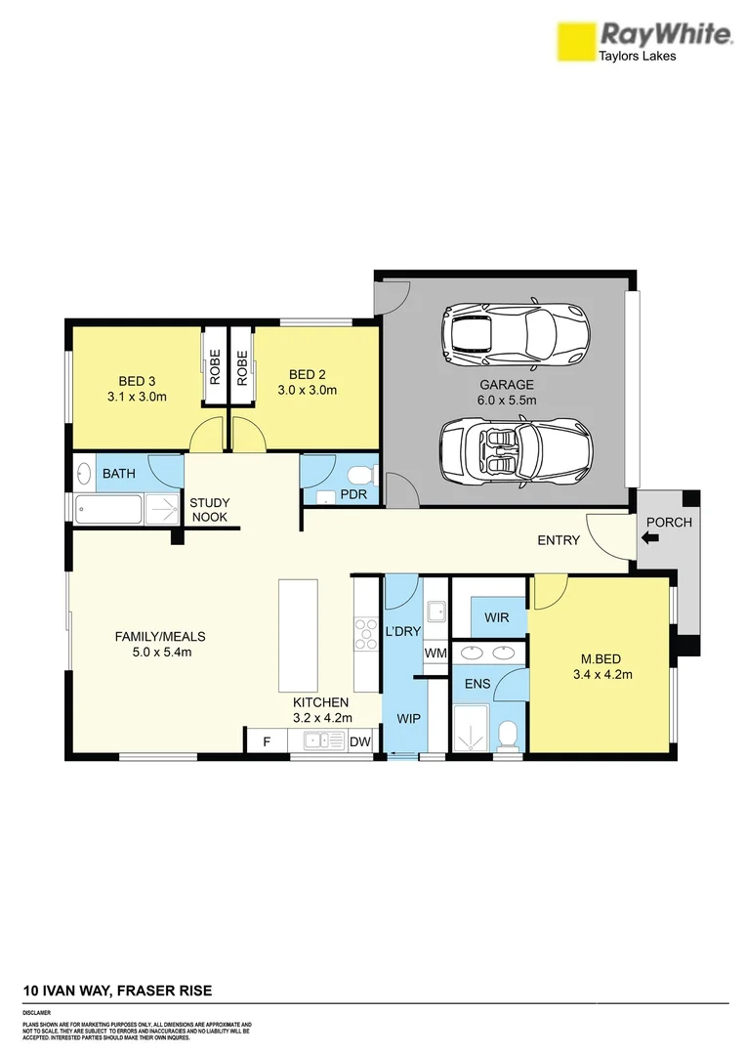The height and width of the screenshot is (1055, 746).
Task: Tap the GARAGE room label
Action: pos(506,385)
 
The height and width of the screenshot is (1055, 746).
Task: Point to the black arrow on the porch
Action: pos(652,536)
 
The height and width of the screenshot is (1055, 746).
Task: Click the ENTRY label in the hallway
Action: pos(559,540)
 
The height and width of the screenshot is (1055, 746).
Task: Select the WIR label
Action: pos(496,617)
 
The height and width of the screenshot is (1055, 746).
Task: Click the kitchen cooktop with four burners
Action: pos(366,634)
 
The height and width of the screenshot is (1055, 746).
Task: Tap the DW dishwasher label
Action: pos(360,742)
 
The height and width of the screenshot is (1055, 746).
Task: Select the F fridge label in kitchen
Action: pos(267,742)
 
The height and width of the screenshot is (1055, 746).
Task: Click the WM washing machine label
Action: pos(435,653)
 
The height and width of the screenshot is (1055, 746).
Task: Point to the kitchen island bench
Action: pos(298,635)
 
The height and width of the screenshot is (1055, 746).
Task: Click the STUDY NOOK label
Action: pos(210,509)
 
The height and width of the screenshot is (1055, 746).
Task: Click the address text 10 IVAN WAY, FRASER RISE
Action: pos(117,991)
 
